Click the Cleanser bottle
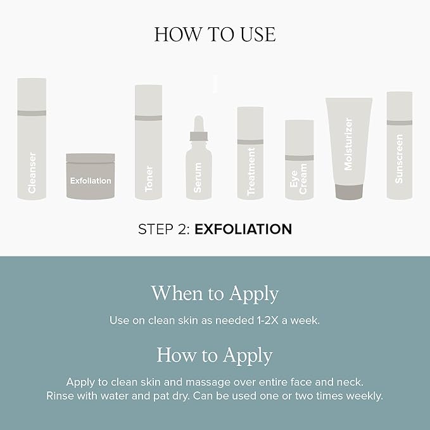click(x=32, y=139)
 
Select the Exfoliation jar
click(x=91, y=176)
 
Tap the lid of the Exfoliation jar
click(x=91, y=158)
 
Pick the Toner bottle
click(x=148, y=142)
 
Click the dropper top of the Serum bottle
click(x=199, y=128)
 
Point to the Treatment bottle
click(x=250, y=153)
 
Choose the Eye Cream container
click(x=300, y=160)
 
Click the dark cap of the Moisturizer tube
click(x=349, y=192)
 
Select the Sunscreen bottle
click(x=399, y=146)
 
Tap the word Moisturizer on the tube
click(x=348, y=144)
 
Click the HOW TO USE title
click(x=215, y=35)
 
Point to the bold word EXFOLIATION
click(x=243, y=229)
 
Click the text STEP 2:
click(x=164, y=229)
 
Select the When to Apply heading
click(x=215, y=294)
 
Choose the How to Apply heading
click(x=215, y=355)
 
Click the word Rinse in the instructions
click(x=60, y=396)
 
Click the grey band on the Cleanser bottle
click(x=32, y=113)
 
